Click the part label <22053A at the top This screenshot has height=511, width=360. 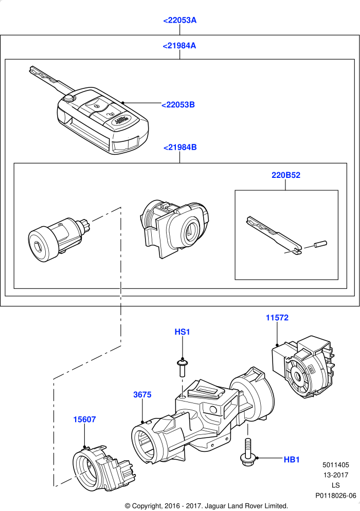coord(179,20)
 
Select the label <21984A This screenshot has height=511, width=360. coord(179,46)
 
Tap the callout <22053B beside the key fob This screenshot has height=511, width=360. coord(178,104)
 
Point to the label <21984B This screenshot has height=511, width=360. coord(180,148)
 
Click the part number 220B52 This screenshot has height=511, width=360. coord(286,175)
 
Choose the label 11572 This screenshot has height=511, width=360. coord(277,317)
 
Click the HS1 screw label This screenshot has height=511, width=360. coord(182,332)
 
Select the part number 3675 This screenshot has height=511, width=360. coord(142,395)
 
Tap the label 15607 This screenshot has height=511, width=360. coord(84,419)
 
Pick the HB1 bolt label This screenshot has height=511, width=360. coord(292,460)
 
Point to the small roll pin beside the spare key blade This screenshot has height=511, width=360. coord(320,244)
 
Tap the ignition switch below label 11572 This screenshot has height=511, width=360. coord(303,367)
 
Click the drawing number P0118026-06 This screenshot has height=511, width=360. coord(335,496)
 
